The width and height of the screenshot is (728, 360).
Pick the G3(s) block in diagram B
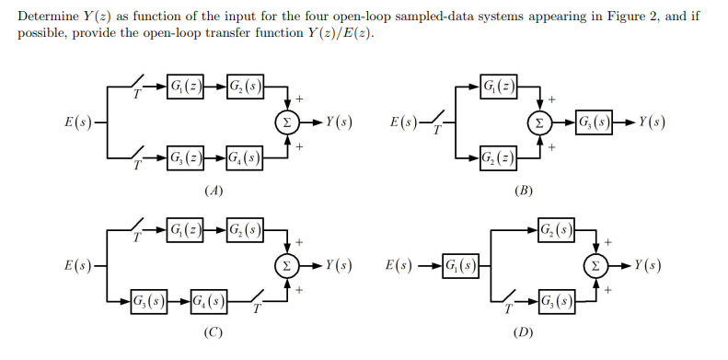coord(596,122)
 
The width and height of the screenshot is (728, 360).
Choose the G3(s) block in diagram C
coord(149,299)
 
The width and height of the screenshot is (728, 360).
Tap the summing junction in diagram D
coord(600,265)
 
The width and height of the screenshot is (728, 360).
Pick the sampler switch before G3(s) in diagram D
coord(512,300)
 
